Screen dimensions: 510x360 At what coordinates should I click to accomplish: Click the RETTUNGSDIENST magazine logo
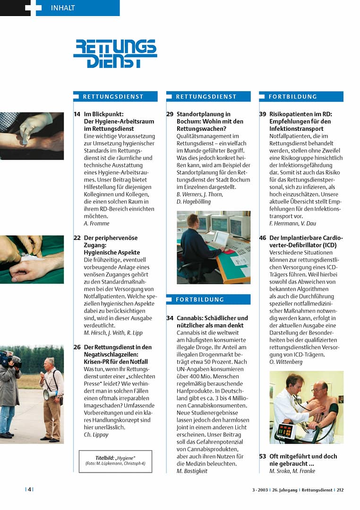tap(115, 53)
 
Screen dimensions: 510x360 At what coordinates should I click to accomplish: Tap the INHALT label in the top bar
tap(62, 8)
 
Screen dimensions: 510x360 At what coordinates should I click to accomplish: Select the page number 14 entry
tap(77, 114)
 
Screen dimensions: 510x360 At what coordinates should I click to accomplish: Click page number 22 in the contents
tap(77, 238)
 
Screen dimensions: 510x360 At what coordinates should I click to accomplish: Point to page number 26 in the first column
tap(77, 347)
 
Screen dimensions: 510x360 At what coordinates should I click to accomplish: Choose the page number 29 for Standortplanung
tap(170, 114)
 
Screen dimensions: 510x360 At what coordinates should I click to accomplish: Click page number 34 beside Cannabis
tap(170, 318)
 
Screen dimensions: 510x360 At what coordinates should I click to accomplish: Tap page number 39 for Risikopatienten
tap(263, 114)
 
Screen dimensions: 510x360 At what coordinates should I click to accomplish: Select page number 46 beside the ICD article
tap(263, 238)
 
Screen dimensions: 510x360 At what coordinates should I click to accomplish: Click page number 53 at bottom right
tap(263, 456)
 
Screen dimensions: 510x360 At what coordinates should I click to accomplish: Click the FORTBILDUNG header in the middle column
tap(200, 299)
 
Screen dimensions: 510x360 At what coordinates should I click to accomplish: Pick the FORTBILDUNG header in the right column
tap(292, 96)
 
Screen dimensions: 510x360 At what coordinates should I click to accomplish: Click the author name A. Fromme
tap(96, 223)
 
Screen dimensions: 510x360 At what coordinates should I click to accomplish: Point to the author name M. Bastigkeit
tap(192, 471)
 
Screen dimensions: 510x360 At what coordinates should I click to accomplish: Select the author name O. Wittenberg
tap(286, 362)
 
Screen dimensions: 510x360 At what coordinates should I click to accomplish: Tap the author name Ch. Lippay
tap(96, 434)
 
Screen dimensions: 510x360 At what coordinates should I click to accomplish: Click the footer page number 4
tap(29, 490)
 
